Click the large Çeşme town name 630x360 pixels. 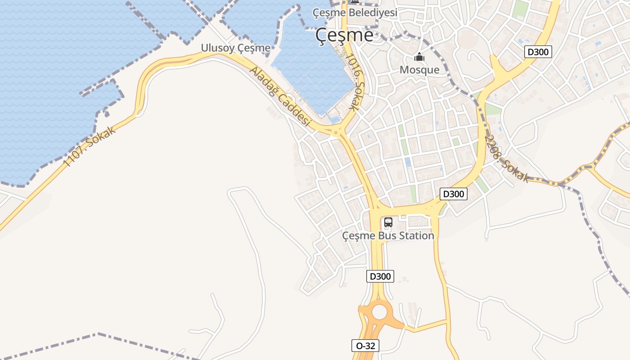pos(344,35)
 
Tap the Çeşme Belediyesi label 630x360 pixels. pos(355,13)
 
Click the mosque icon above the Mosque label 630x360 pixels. pos(419,57)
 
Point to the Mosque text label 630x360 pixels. pos(419,70)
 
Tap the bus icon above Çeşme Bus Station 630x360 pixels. pos(388,222)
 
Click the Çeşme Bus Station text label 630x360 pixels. pos(388,235)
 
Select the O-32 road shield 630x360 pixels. pos(365,346)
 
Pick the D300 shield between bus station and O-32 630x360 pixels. pos(380,276)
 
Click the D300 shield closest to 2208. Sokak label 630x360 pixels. pos(453,194)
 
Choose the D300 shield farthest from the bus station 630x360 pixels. pos(538,52)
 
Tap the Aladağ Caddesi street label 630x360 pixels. pos(280,97)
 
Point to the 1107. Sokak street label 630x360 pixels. pos(89,146)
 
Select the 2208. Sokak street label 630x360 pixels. pos(507,159)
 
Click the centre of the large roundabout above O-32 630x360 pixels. pos(379,311)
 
